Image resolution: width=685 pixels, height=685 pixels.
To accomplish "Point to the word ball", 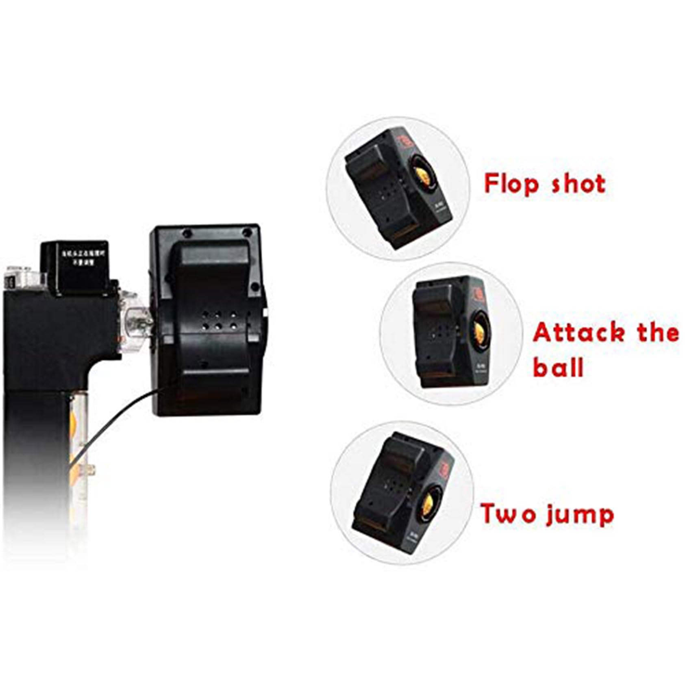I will point(558,367).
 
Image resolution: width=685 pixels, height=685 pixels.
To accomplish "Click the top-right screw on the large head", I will point(247,233).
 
